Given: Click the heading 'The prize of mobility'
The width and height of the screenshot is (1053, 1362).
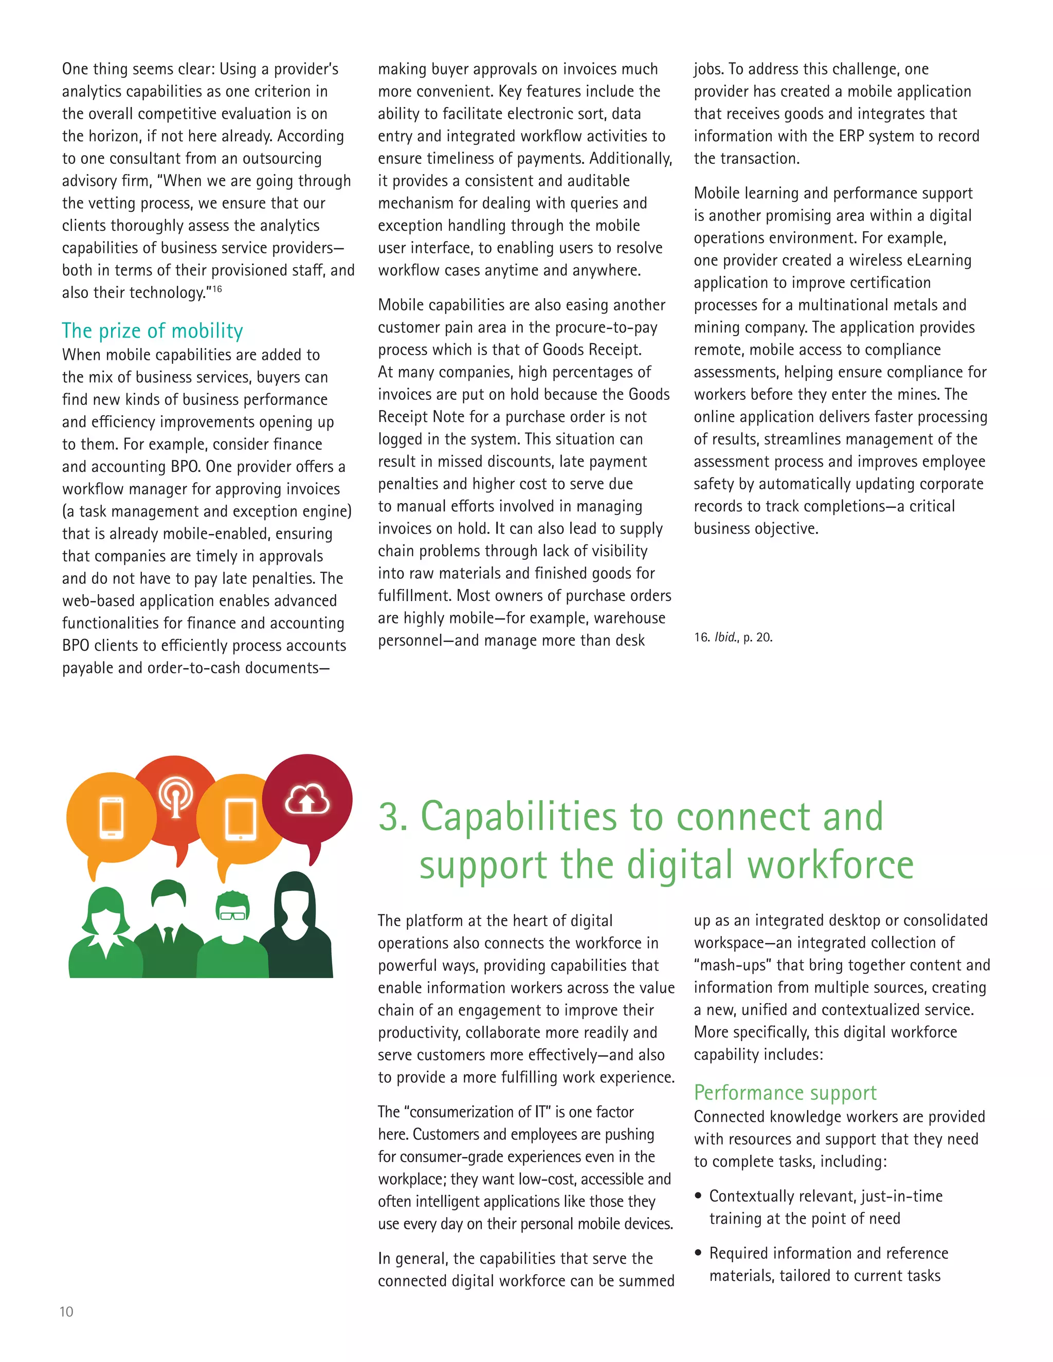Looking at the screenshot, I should (152, 330).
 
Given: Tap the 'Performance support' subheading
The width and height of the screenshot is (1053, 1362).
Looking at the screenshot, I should (785, 1092).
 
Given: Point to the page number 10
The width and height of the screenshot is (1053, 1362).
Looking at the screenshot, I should (66, 1312).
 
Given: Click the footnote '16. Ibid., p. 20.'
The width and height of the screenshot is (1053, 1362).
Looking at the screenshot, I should (733, 637).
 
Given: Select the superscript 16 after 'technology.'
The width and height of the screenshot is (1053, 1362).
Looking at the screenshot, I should (216, 289).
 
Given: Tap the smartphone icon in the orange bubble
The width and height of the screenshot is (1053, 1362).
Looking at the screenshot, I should (112, 818).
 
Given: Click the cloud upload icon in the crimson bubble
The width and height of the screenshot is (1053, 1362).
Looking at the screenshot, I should (307, 800).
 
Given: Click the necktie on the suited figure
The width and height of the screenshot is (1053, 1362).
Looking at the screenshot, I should (168, 935).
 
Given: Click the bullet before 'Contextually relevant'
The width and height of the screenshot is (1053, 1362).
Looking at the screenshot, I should (699, 1196).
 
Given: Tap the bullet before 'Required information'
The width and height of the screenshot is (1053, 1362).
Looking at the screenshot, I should (699, 1253).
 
